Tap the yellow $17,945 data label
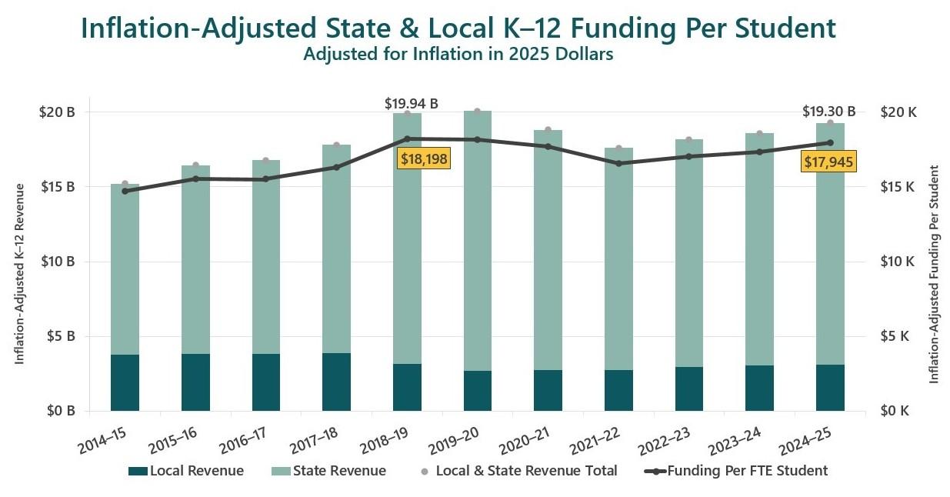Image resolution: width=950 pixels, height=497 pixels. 828,162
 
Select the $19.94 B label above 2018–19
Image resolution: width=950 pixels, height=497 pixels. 411,103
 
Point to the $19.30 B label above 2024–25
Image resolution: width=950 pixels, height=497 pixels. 828,112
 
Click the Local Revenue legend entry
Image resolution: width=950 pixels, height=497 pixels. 186,471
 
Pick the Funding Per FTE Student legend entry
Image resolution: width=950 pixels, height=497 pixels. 737,471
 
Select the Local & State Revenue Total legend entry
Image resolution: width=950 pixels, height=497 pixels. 518,471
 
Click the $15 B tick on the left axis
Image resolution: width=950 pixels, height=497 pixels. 59,187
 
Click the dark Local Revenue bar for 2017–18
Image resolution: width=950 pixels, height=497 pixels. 336,382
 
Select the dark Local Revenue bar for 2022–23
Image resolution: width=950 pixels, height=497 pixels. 689,389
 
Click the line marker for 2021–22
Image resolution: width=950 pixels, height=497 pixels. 618,163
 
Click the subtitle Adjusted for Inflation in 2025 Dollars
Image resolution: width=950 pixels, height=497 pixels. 458,55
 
